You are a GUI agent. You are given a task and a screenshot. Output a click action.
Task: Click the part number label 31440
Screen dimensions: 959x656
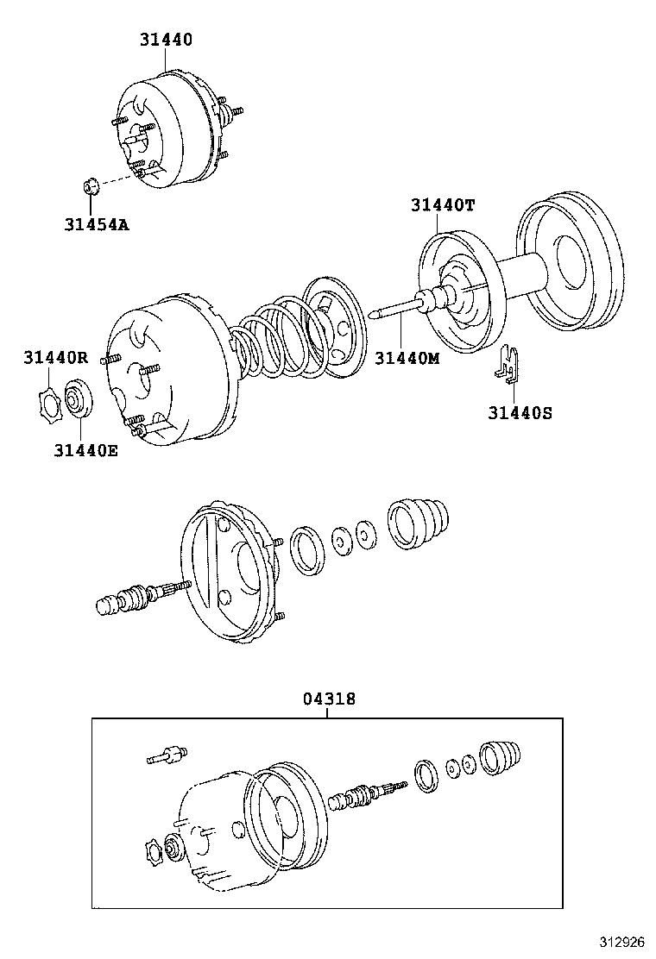click(166, 39)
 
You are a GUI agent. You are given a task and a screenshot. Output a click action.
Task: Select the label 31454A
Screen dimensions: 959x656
click(96, 225)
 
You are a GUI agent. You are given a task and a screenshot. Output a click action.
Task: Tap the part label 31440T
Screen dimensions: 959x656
click(443, 204)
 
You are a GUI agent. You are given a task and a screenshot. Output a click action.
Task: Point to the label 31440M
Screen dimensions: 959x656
click(407, 358)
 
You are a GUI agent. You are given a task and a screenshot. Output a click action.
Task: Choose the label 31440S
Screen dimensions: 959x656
click(520, 413)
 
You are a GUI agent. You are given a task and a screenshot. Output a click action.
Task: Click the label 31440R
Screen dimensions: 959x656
click(55, 358)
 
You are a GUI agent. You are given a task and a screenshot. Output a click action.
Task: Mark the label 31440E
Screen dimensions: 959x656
click(85, 449)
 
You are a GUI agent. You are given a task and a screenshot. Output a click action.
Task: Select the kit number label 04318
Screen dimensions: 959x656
click(328, 700)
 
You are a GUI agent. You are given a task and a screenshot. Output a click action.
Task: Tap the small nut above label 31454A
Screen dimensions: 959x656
click(90, 185)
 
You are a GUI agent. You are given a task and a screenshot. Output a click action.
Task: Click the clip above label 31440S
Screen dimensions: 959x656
click(510, 363)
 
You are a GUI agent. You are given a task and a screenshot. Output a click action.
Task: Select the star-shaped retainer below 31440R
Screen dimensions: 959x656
click(50, 404)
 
